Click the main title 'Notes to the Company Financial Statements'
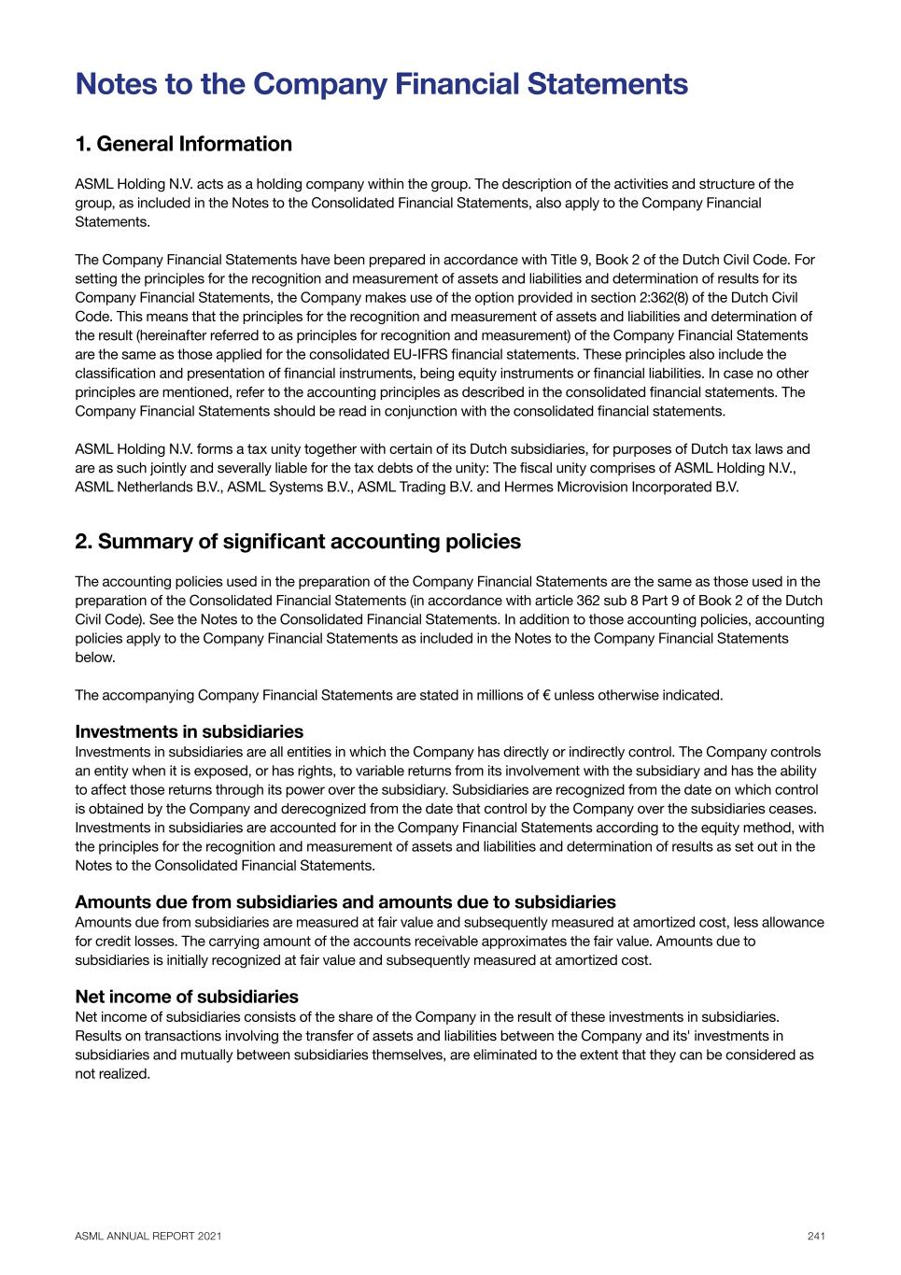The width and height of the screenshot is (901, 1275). (381, 84)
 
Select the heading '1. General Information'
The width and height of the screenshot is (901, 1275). (183, 144)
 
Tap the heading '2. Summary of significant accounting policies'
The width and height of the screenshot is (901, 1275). (298, 542)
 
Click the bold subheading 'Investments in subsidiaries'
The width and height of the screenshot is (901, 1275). (189, 731)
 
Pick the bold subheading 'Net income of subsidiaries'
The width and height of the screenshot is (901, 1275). (187, 997)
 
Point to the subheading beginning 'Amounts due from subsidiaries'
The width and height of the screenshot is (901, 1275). (345, 902)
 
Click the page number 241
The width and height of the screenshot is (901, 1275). (816, 1236)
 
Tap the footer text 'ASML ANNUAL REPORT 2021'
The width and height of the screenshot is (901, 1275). (148, 1236)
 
